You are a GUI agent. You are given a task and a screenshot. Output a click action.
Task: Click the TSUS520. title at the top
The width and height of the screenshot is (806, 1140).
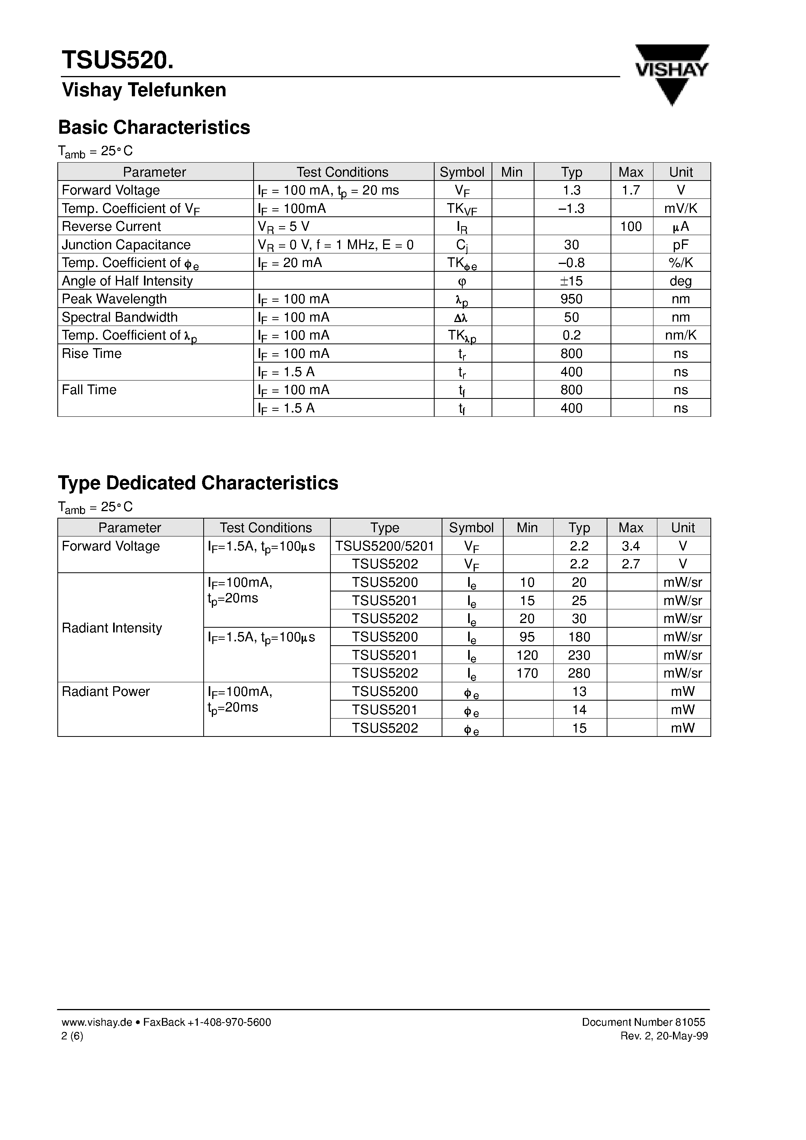(x=118, y=60)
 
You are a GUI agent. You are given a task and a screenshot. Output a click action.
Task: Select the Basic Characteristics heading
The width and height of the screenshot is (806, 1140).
(x=154, y=127)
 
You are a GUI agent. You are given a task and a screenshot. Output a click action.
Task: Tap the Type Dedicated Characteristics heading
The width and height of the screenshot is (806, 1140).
(x=198, y=483)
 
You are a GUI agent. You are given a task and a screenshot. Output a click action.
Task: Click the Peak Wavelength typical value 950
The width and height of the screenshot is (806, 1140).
(x=572, y=299)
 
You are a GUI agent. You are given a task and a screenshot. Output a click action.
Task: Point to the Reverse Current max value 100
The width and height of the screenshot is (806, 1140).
(x=631, y=227)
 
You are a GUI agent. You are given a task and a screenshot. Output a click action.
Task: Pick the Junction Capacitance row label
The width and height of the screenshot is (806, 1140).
(x=126, y=245)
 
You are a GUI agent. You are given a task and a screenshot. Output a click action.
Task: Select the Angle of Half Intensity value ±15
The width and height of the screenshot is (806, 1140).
(x=572, y=281)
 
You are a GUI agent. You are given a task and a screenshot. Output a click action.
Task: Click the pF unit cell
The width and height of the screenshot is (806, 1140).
(x=681, y=245)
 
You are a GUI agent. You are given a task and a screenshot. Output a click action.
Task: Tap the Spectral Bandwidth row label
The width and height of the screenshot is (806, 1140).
(x=120, y=317)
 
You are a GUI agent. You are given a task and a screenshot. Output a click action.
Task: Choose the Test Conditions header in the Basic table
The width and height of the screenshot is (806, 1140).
(x=343, y=172)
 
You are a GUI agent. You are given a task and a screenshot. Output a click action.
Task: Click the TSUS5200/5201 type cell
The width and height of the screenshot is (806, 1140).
(x=385, y=546)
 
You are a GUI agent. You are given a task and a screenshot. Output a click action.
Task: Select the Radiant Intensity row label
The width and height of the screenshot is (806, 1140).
(x=112, y=628)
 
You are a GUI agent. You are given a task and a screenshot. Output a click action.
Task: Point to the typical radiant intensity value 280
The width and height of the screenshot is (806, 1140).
(x=579, y=673)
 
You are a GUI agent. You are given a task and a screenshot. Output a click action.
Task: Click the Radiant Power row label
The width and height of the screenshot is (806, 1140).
(x=106, y=692)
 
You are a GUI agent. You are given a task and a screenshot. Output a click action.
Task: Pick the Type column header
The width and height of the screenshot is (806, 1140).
(x=385, y=528)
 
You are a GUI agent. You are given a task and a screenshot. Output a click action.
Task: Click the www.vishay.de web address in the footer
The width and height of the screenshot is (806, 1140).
(x=97, y=1022)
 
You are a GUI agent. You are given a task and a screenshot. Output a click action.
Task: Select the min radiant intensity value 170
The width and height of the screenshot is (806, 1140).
(x=527, y=673)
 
